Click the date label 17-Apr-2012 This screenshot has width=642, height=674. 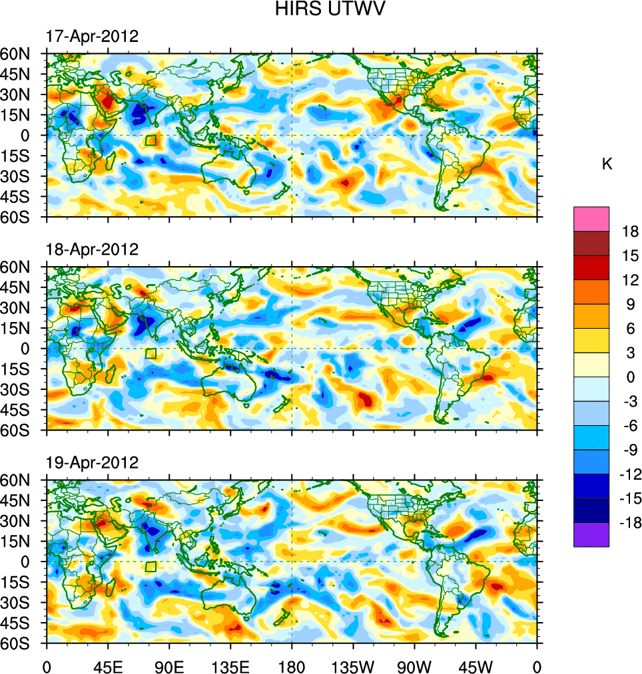[92, 37]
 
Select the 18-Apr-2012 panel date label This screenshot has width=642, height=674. [92, 250]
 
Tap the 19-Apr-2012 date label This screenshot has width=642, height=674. [92, 462]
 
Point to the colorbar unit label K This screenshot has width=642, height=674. [607, 164]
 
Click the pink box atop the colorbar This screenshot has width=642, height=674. [591, 218]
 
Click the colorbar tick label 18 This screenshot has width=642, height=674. [629, 232]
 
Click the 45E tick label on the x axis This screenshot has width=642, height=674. [108, 666]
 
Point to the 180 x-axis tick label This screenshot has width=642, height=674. [292, 666]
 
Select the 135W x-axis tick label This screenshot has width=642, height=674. [353, 666]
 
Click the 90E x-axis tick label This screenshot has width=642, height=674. [169, 666]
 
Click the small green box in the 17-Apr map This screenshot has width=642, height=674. [151, 140]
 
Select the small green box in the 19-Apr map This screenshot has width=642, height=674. [151, 566]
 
